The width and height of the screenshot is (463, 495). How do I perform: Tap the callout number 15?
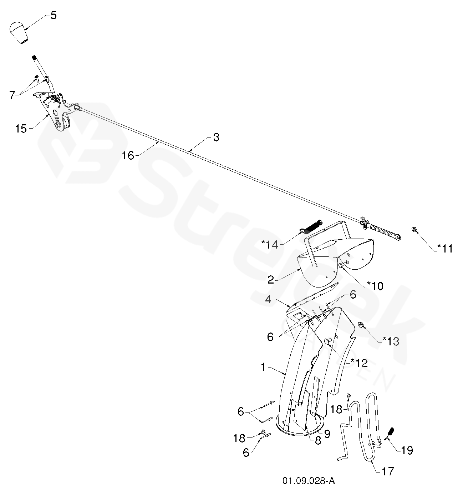[x=21, y=129]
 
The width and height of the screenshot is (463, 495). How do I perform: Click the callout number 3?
[x=216, y=137]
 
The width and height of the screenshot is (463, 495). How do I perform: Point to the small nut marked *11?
[x=414, y=229]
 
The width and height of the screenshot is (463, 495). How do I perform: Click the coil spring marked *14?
[x=313, y=227]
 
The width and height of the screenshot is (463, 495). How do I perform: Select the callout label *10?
[x=375, y=285]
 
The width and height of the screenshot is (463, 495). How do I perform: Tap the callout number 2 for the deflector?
[x=271, y=279]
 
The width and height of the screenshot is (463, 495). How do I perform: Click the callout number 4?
[x=269, y=299]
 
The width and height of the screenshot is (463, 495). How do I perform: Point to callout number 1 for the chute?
[x=263, y=367]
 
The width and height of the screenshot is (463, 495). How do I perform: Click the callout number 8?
[x=318, y=441]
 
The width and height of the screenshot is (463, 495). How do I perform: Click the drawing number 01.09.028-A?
[x=309, y=481]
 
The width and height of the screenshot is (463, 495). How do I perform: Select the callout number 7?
[x=12, y=95]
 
